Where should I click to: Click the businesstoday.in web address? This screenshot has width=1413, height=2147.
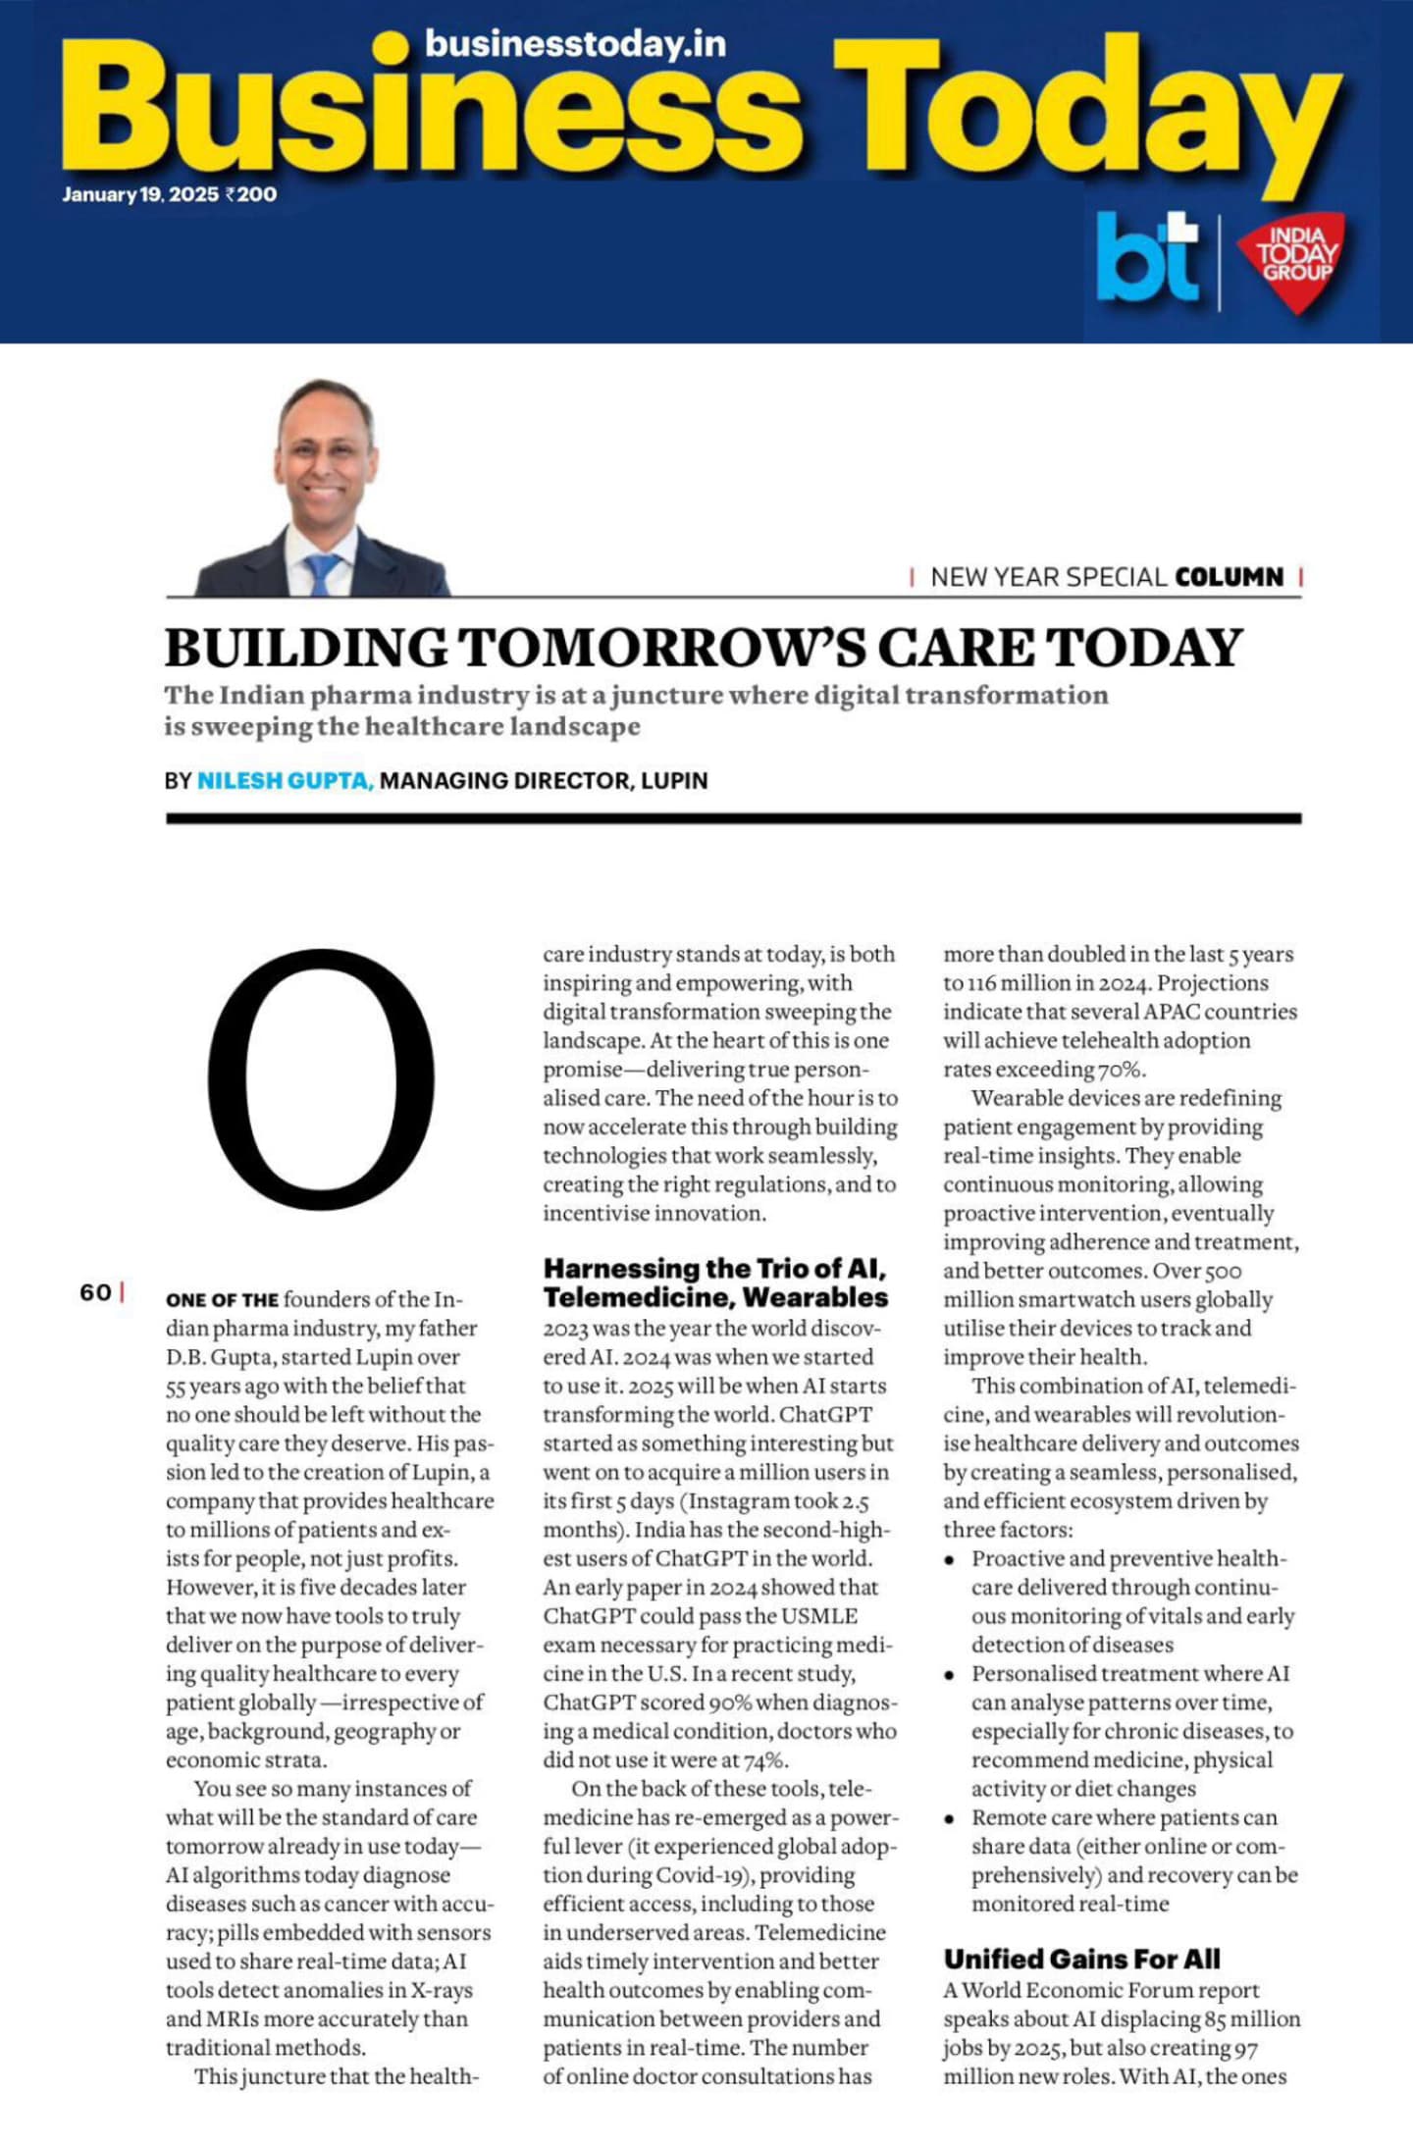575,44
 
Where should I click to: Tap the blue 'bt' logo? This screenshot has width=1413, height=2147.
1147,258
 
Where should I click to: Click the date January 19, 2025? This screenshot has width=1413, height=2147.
140,194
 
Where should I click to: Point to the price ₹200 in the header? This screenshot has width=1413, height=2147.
251,194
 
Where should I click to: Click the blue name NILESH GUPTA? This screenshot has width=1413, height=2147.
285,781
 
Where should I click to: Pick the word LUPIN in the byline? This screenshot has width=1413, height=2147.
674,781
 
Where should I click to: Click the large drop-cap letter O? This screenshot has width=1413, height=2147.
320,1078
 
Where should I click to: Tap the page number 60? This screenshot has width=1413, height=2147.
95,1292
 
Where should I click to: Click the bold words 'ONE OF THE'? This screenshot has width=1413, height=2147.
222,1300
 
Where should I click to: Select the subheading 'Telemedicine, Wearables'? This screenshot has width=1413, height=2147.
715,1297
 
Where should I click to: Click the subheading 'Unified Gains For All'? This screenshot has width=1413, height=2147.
1081,1959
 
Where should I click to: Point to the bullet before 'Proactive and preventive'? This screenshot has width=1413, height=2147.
949,1560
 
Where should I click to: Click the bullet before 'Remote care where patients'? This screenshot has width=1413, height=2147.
949,1819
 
